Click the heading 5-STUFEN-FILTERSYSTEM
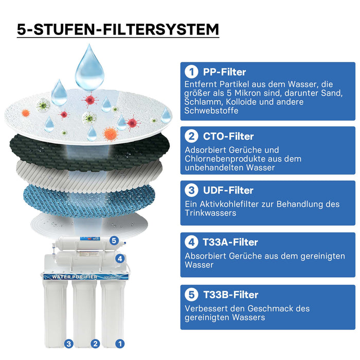[x=118, y=29]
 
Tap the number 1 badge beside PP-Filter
[x=191, y=72]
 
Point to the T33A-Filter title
[x=230, y=242]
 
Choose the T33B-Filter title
[x=230, y=295]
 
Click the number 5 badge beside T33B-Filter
[x=191, y=295]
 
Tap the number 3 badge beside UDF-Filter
[x=191, y=190]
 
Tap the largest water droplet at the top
[x=90, y=67]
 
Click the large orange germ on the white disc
[x=111, y=134]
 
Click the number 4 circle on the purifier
[x=119, y=259]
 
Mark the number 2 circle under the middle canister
[x=94, y=344]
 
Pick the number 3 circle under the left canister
[x=68, y=344]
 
